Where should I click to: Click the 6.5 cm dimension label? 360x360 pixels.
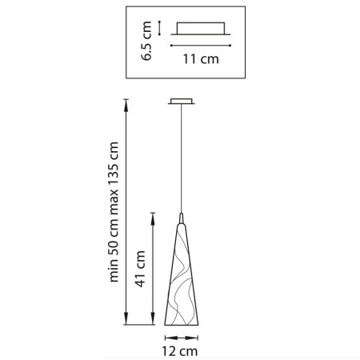(x=146, y=41)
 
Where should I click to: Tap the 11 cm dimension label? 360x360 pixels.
(x=201, y=59)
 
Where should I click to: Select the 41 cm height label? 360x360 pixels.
(x=140, y=269)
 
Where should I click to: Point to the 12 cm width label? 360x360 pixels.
(x=180, y=351)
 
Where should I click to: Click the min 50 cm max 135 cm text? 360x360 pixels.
(x=114, y=212)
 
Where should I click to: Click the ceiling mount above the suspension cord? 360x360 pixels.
(x=182, y=101)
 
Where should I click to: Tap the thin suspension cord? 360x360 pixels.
(x=182, y=158)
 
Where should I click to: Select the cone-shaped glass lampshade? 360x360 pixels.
(x=182, y=274)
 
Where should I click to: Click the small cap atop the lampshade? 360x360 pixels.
(x=182, y=218)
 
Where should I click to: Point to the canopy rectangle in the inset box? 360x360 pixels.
(x=201, y=28)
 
